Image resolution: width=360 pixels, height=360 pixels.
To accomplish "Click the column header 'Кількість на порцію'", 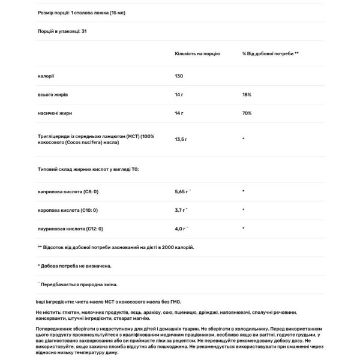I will [x=197, y=53].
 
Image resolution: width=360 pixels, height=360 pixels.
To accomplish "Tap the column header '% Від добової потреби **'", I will [x=270, y=53].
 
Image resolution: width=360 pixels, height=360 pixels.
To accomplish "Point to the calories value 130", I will [x=179, y=76].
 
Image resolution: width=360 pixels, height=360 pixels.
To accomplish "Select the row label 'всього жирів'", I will [x=52, y=95].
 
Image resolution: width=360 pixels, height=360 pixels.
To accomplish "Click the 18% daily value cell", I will [x=247, y=95].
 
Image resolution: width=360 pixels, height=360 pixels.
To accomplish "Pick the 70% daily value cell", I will [x=247, y=113].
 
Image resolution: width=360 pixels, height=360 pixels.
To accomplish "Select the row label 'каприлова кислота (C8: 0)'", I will [x=67, y=192].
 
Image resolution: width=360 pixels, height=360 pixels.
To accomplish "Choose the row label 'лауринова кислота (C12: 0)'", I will [x=70, y=229].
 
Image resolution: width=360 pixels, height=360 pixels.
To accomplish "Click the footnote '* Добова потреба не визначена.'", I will [x=74, y=265].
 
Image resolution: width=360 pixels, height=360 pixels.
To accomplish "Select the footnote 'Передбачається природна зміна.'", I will [x=79, y=284].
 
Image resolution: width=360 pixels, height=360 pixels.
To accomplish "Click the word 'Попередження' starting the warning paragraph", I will [x=56, y=329].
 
